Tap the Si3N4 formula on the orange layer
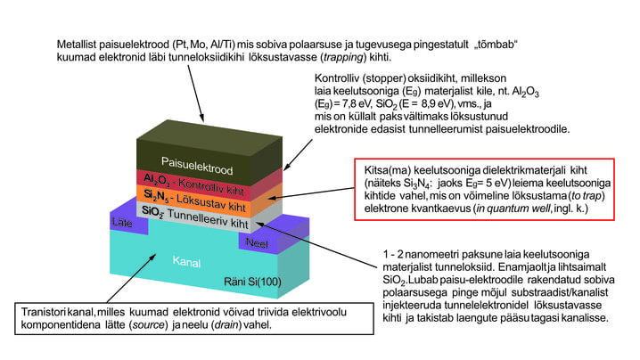tap(159, 195)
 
